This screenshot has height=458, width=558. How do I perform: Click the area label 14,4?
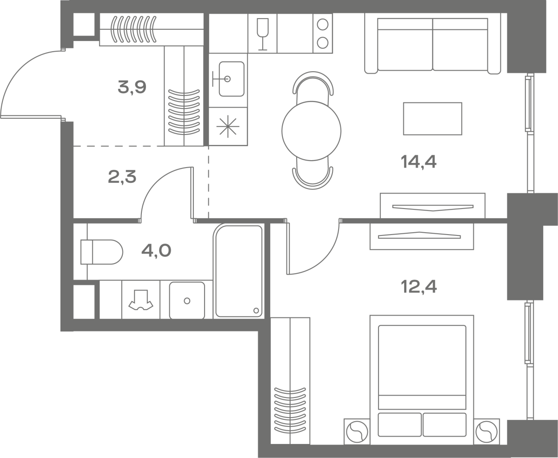point(418,162)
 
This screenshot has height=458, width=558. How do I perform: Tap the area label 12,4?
point(419,287)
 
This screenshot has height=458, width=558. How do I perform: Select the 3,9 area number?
point(132,87)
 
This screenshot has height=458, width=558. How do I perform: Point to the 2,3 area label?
point(122,177)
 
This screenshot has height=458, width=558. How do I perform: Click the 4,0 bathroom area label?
point(156,250)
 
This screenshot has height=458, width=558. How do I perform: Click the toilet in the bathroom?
point(101,252)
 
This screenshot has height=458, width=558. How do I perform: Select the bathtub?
point(239,271)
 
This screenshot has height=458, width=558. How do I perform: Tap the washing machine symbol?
point(141,300)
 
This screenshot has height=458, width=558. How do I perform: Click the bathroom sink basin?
point(187,300)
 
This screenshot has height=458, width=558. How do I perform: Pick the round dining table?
point(312,131)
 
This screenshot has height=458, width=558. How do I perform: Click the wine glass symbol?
point(263,34)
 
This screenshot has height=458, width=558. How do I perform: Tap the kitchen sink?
point(232,79)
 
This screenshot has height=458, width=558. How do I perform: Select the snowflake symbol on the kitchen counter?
point(228,126)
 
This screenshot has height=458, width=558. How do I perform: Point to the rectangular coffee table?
point(432,119)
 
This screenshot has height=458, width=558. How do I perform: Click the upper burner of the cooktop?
point(323,25)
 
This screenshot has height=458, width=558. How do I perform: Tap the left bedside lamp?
point(357,432)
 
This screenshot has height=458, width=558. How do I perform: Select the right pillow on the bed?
point(445,424)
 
